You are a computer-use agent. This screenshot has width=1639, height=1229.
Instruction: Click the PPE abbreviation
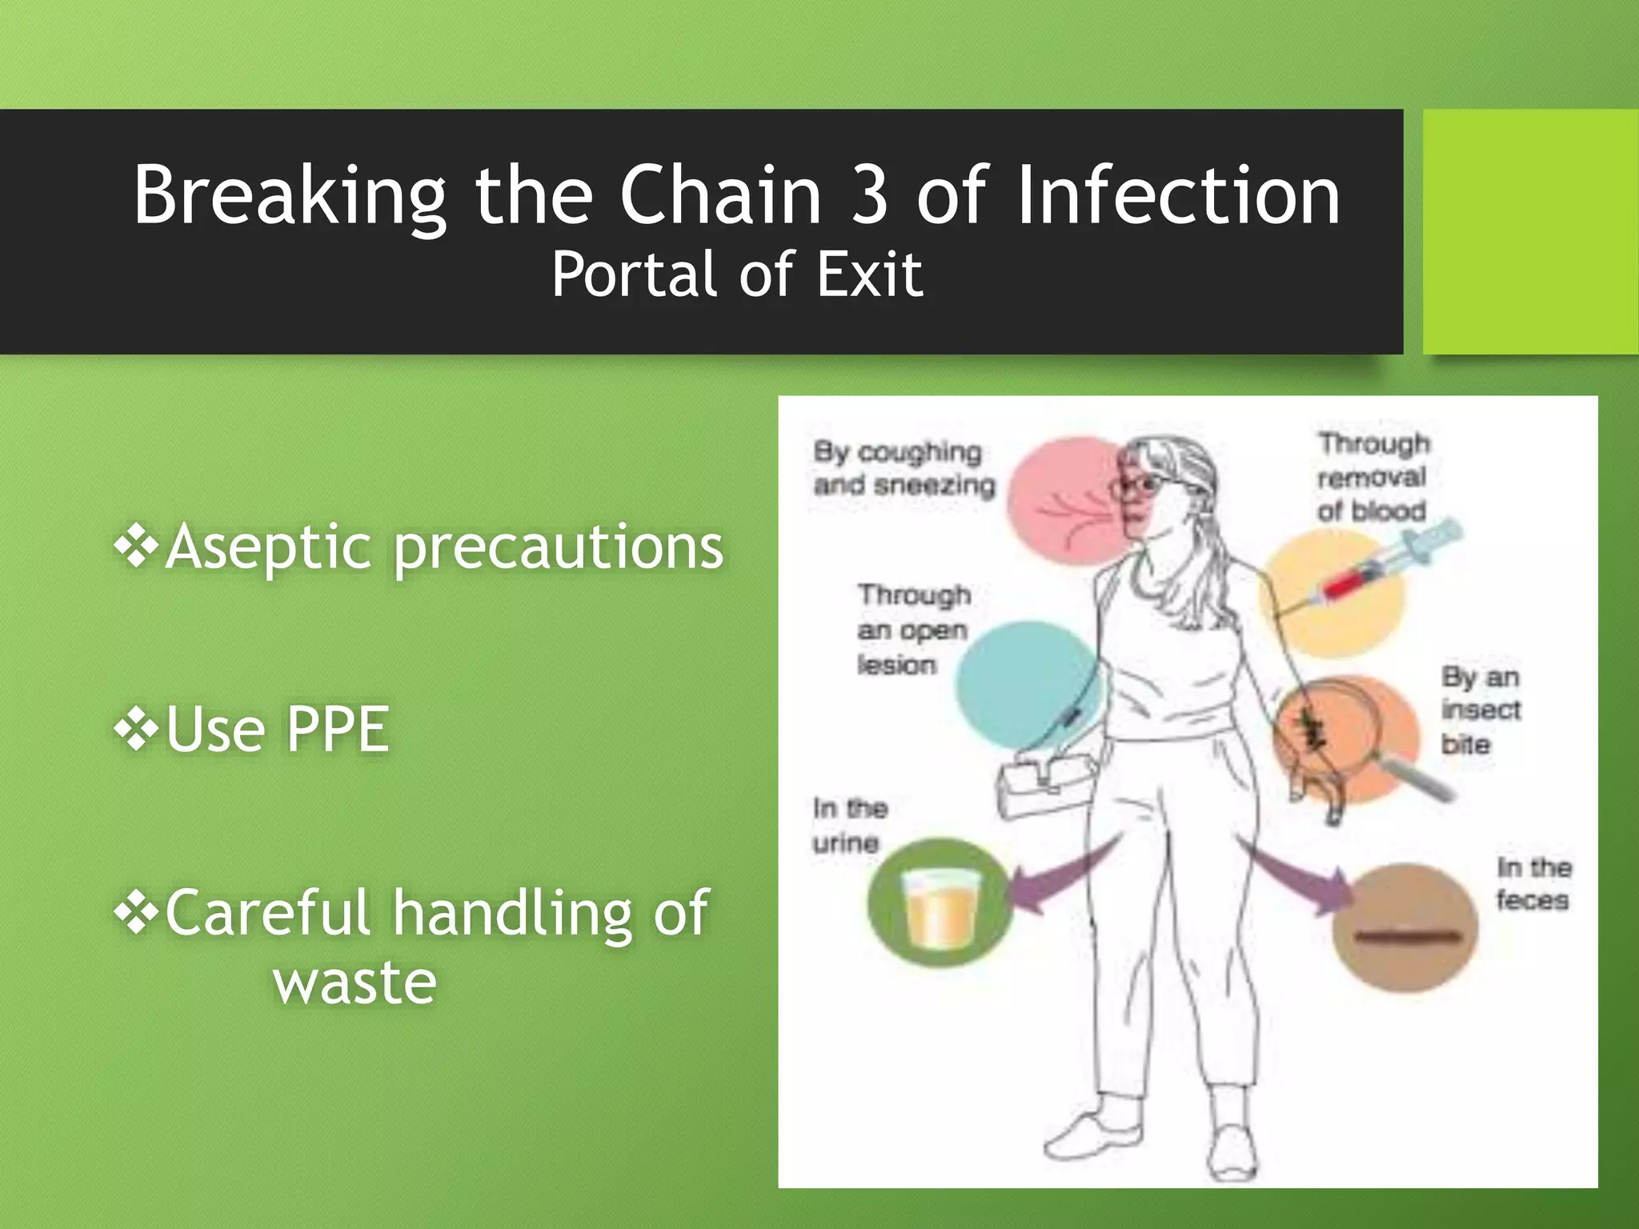(x=337, y=729)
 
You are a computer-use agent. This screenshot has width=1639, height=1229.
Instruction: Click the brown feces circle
(x=1405, y=928)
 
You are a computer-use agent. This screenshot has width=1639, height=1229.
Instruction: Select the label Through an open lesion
(x=912, y=630)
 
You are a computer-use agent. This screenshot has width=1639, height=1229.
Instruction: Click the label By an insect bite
(x=1480, y=711)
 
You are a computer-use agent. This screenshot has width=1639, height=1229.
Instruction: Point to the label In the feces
(x=1533, y=883)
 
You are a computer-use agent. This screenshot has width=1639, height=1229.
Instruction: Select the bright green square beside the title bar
(x=1529, y=232)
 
